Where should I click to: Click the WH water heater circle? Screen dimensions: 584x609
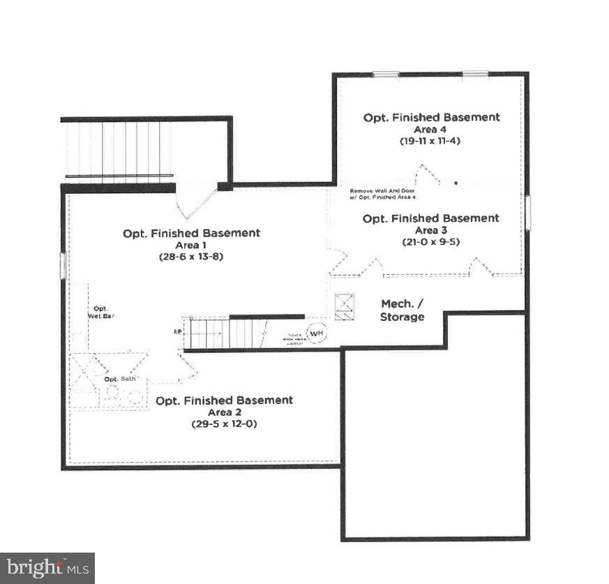(317, 334)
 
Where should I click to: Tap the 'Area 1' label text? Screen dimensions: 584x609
(192, 245)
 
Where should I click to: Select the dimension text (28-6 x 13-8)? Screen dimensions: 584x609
(191, 256)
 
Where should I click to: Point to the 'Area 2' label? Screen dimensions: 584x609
(224, 412)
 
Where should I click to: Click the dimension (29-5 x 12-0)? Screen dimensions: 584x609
(224, 424)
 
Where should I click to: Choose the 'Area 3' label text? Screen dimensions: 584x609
(430, 230)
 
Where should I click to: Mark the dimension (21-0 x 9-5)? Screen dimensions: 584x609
(430, 241)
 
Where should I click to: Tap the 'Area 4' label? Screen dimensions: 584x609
(431, 129)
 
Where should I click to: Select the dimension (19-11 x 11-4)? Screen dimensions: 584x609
(431, 140)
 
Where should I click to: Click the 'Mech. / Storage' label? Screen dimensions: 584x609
(402, 310)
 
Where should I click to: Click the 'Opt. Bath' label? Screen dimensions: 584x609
(120, 379)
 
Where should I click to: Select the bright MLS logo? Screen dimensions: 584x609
(47, 568)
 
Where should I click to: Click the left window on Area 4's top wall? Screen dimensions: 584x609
(385, 74)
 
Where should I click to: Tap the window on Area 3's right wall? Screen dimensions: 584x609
(527, 212)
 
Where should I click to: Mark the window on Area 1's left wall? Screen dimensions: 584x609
(63, 266)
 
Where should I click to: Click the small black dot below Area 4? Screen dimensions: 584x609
(456, 183)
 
